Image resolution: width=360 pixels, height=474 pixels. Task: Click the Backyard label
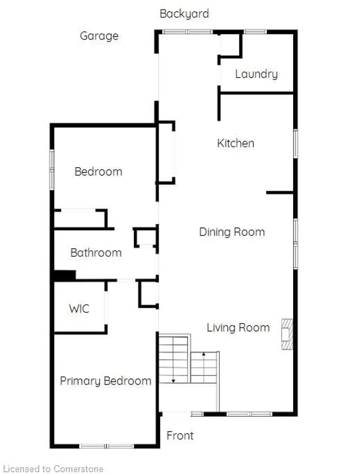(x=184, y=14)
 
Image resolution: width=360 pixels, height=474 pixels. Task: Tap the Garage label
(x=99, y=36)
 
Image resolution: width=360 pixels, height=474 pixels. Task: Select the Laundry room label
(x=256, y=74)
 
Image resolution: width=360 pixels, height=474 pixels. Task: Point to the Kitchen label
(x=236, y=143)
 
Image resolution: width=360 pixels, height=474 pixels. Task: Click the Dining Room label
(x=232, y=232)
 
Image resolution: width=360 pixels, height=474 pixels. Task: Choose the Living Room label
(x=238, y=328)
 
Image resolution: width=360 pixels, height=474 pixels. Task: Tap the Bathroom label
(x=96, y=252)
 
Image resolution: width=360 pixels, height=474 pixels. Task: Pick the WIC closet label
(x=79, y=308)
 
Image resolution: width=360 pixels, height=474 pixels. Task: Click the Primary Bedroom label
(x=105, y=381)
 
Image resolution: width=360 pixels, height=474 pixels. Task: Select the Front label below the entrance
(x=180, y=436)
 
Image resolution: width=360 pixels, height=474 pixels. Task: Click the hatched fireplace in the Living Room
(x=287, y=334)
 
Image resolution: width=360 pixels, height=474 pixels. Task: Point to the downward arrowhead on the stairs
(x=173, y=381)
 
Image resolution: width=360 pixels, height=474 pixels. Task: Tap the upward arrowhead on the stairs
(x=204, y=354)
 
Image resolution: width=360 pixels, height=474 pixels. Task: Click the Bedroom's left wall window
(x=52, y=169)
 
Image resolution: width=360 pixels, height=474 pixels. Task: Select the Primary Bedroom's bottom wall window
(x=106, y=446)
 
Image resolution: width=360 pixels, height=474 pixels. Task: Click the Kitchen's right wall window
(x=296, y=144)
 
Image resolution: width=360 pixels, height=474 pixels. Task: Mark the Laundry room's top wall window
(x=255, y=32)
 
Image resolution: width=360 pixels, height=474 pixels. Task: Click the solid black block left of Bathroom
(x=65, y=276)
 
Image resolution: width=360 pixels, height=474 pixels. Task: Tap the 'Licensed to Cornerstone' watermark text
(x=53, y=468)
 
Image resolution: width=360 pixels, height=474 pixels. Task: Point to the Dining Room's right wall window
(x=296, y=244)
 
